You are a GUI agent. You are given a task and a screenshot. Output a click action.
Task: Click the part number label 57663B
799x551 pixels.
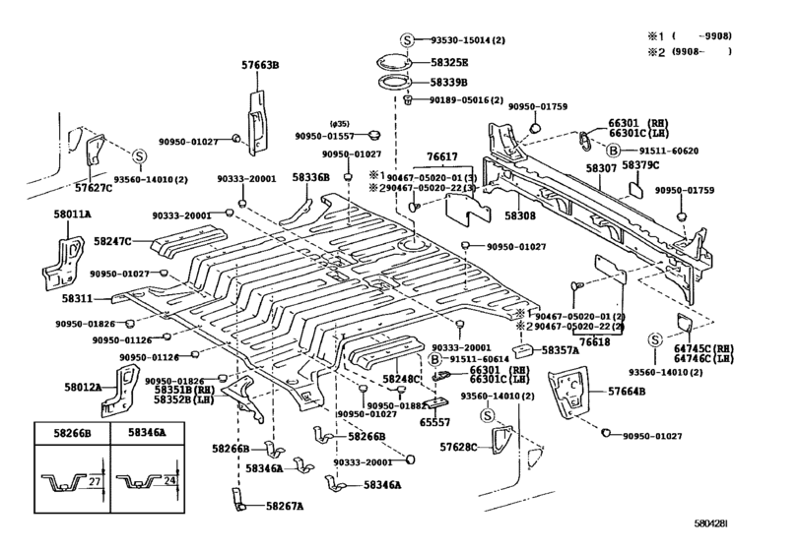[x=260, y=65]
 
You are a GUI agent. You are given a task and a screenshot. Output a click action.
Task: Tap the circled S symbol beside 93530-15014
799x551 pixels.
[x=406, y=39]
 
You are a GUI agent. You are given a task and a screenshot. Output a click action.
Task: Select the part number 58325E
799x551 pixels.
[x=449, y=63]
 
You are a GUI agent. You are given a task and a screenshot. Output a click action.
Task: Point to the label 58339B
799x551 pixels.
[x=448, y=82]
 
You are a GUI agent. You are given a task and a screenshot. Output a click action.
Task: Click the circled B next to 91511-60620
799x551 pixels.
[x=614, y=151]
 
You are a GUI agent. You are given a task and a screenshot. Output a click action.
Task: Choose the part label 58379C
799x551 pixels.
[x=640, y=165]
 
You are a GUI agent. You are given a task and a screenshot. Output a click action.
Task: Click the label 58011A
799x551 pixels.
[x=72, y=214]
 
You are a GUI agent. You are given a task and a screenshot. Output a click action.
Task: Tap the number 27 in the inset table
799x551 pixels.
[x=96, y=481]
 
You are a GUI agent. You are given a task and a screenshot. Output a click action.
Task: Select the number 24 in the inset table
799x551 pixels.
[x=170, y=480]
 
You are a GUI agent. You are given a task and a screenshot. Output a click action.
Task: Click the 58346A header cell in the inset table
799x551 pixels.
[x=147, y=433]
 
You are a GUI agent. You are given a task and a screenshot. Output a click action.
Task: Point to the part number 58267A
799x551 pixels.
[x=285, y=506]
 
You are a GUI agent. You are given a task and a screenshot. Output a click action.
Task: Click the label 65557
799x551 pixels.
[x=434, y=422]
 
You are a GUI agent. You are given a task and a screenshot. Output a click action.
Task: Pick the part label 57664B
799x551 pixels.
[x=627, y=392]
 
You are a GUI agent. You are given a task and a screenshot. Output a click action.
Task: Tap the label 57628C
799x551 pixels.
[x=458, y=448]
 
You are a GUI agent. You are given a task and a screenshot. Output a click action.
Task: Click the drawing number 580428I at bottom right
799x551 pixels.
[x=711, y=523]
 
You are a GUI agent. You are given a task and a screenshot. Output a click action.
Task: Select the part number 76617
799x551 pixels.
[x=442, y=157]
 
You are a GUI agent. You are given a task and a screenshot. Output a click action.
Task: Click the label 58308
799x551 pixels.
[x=520, y=215]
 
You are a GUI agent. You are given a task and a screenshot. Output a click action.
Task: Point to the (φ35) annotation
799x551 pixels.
[x=339, y=124]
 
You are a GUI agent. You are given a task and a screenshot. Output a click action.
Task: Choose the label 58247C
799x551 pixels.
[x=112, y=241]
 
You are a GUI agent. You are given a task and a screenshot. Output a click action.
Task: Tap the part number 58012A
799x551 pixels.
[x=83, y=387]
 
